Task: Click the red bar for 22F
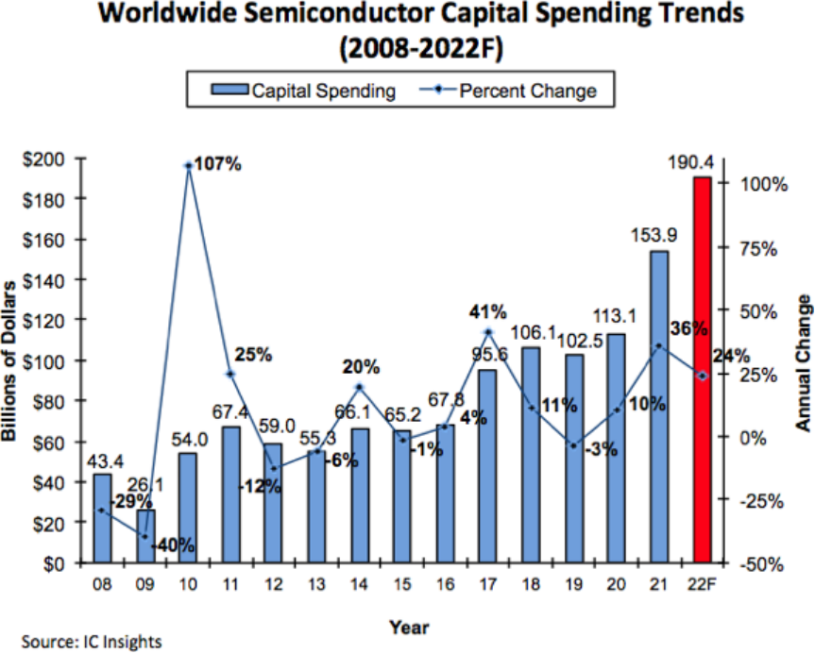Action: click(701, 370)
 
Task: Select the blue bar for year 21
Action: click(659, 406)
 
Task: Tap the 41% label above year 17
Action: click(488, 311)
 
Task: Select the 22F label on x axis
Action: click(702, 585)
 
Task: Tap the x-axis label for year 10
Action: click(188, 585)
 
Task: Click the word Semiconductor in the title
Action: click(351, 15)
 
